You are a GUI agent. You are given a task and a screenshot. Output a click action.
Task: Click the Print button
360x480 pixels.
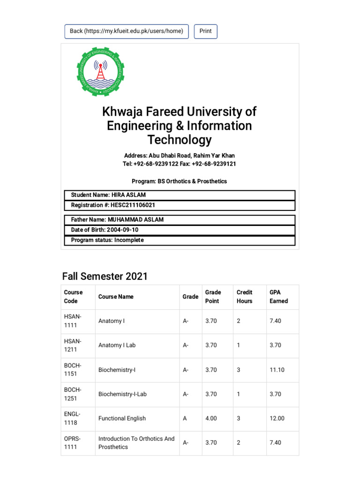coord(205,31)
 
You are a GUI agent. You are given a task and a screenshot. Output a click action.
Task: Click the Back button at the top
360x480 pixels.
coord(127,31)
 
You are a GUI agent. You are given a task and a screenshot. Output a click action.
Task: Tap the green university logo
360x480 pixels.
coord(101,72)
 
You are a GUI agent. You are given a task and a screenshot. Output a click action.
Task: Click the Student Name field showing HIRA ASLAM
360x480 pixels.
coord(180,195)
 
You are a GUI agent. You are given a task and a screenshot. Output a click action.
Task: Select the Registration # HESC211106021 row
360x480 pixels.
coord(180,205)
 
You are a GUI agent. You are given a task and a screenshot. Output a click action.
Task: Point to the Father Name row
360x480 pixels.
coord(180,220)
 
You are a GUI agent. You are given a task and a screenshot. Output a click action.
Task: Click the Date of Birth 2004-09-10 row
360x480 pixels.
coord(180,230)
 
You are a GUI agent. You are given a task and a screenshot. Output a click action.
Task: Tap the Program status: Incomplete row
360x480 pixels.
coord(180,240)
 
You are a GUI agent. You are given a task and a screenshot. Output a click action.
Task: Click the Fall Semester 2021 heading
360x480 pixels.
coord(105,276)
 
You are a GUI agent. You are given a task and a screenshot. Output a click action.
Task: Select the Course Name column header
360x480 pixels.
coord(116,297)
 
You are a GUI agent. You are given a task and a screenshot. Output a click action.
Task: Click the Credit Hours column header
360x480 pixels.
coord(244,297)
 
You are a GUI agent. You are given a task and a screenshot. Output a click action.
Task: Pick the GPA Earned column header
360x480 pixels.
coord(278,297)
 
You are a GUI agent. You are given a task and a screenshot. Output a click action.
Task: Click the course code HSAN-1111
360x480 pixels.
coord(73,322)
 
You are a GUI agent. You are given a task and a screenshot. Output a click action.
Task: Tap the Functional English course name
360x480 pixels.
coord(122,419)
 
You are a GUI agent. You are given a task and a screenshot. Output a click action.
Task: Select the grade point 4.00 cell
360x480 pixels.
coord(211,419)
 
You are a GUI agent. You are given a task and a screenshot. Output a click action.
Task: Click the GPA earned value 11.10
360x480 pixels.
coord(277,370)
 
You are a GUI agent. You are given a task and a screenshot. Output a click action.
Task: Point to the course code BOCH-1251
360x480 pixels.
coord(73,394)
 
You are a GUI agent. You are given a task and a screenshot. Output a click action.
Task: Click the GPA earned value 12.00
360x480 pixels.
coord(277,419)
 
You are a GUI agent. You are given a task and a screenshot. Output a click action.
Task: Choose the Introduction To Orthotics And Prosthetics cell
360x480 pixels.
coord(136,443)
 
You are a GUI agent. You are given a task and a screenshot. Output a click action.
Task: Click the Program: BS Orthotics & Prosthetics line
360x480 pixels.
coord(180,181)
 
